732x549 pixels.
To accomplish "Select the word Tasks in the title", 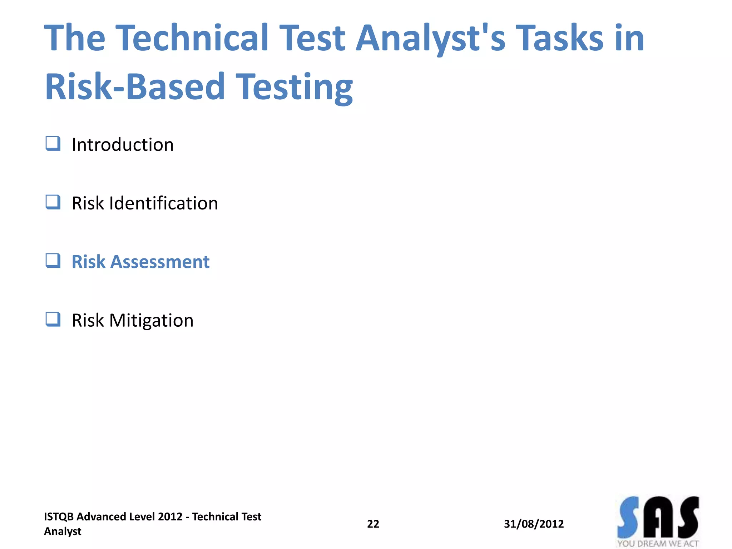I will (x=560, y=38).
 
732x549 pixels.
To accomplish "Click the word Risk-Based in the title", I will (x=135, y=86).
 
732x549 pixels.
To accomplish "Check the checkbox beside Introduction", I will (x=53, y=144).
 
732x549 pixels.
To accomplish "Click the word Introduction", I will (x=123, y=145).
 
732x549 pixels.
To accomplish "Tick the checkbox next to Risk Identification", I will (x=53, y=202).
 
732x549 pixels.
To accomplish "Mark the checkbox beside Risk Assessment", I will (x=53, y=261).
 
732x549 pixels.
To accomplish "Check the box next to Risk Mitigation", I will (x=53, y=320).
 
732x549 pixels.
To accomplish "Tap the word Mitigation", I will (x=151, y=321).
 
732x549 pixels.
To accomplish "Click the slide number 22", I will (x=373, y=524).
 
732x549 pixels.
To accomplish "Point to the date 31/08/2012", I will (x=534, y=524).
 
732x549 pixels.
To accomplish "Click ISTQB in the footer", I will (x=59, y=517).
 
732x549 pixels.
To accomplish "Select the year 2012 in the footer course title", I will (x=170, y=517).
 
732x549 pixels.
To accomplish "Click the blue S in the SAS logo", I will (x=628, y=517).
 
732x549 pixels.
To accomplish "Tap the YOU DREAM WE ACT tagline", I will (x=658, y=544).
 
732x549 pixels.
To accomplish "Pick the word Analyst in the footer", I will (x=63, y=531).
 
